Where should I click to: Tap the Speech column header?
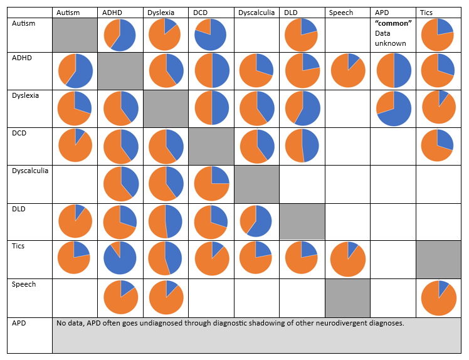[x=342, y=13]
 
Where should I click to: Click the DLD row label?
[x=19, y=208]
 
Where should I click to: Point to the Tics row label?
[x=19, y=246]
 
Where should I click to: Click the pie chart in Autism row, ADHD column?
[x=120, y=35]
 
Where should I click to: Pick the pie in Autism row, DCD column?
[x=211, y=35]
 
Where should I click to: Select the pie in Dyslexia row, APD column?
[x=393, y=108]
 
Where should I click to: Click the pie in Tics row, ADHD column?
[x=120, y=257]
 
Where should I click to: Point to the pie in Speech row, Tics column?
[x=438, y=298]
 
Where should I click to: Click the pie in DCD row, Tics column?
[x=437, y=145]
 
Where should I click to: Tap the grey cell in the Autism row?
[x=75, y=35]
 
